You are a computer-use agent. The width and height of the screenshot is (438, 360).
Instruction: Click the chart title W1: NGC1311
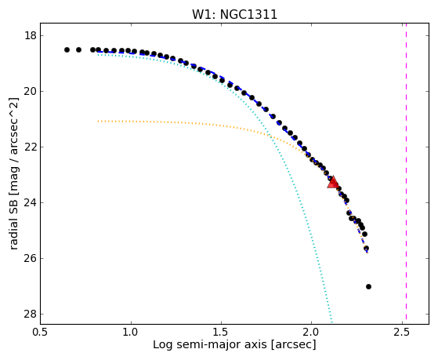tap(234, 14)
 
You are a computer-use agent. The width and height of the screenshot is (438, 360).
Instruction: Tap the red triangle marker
tap(333, 183)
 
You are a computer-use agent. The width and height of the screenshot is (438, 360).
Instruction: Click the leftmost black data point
tap(67, 49)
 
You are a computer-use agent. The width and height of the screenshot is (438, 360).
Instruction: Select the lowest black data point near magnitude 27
tap(368, 287)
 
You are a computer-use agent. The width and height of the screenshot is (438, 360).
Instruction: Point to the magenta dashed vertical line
tap(406, 172)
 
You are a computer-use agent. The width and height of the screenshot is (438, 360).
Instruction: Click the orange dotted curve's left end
tap(98, 121)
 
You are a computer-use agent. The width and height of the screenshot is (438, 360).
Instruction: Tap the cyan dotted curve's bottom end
tap(331, 322)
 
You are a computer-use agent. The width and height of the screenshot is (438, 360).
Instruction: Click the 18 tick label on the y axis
tap(31, 36)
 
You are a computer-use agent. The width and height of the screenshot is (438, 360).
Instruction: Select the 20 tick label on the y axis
tap(31, 92)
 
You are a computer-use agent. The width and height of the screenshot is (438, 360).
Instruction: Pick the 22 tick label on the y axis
tap(31, 147)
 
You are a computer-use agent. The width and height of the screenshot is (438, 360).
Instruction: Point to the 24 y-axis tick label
tap(31, 203)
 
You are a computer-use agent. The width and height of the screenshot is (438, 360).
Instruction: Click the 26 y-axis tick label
tap(31, 259)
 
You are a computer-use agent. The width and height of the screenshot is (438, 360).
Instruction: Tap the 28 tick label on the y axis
tap(31, 315)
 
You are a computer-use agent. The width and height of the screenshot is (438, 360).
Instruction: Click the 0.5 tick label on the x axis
tap(41, 332)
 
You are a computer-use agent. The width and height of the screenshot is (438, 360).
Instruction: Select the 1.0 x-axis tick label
tap(131, 332)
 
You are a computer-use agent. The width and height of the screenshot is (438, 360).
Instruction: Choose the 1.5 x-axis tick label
tap(221, 332)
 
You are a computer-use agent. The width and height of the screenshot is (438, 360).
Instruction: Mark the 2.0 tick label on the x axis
tap(312, 332)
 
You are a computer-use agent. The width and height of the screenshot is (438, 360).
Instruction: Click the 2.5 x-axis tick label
tap(402, 332)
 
